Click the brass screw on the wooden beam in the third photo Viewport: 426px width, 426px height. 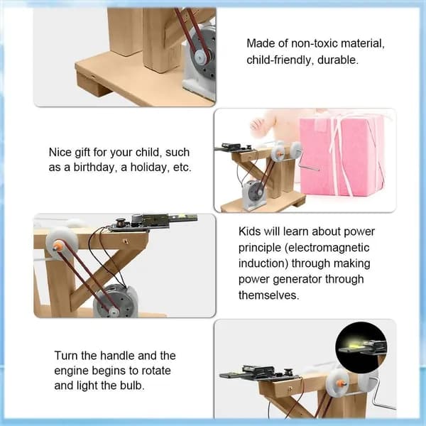pyautogui.click(x=125, y=241)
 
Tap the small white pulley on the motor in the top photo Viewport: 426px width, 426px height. pyautogui.click(x=200, y=57)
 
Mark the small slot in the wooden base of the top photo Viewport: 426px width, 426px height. pyautogui.click(x=93, y=75)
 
